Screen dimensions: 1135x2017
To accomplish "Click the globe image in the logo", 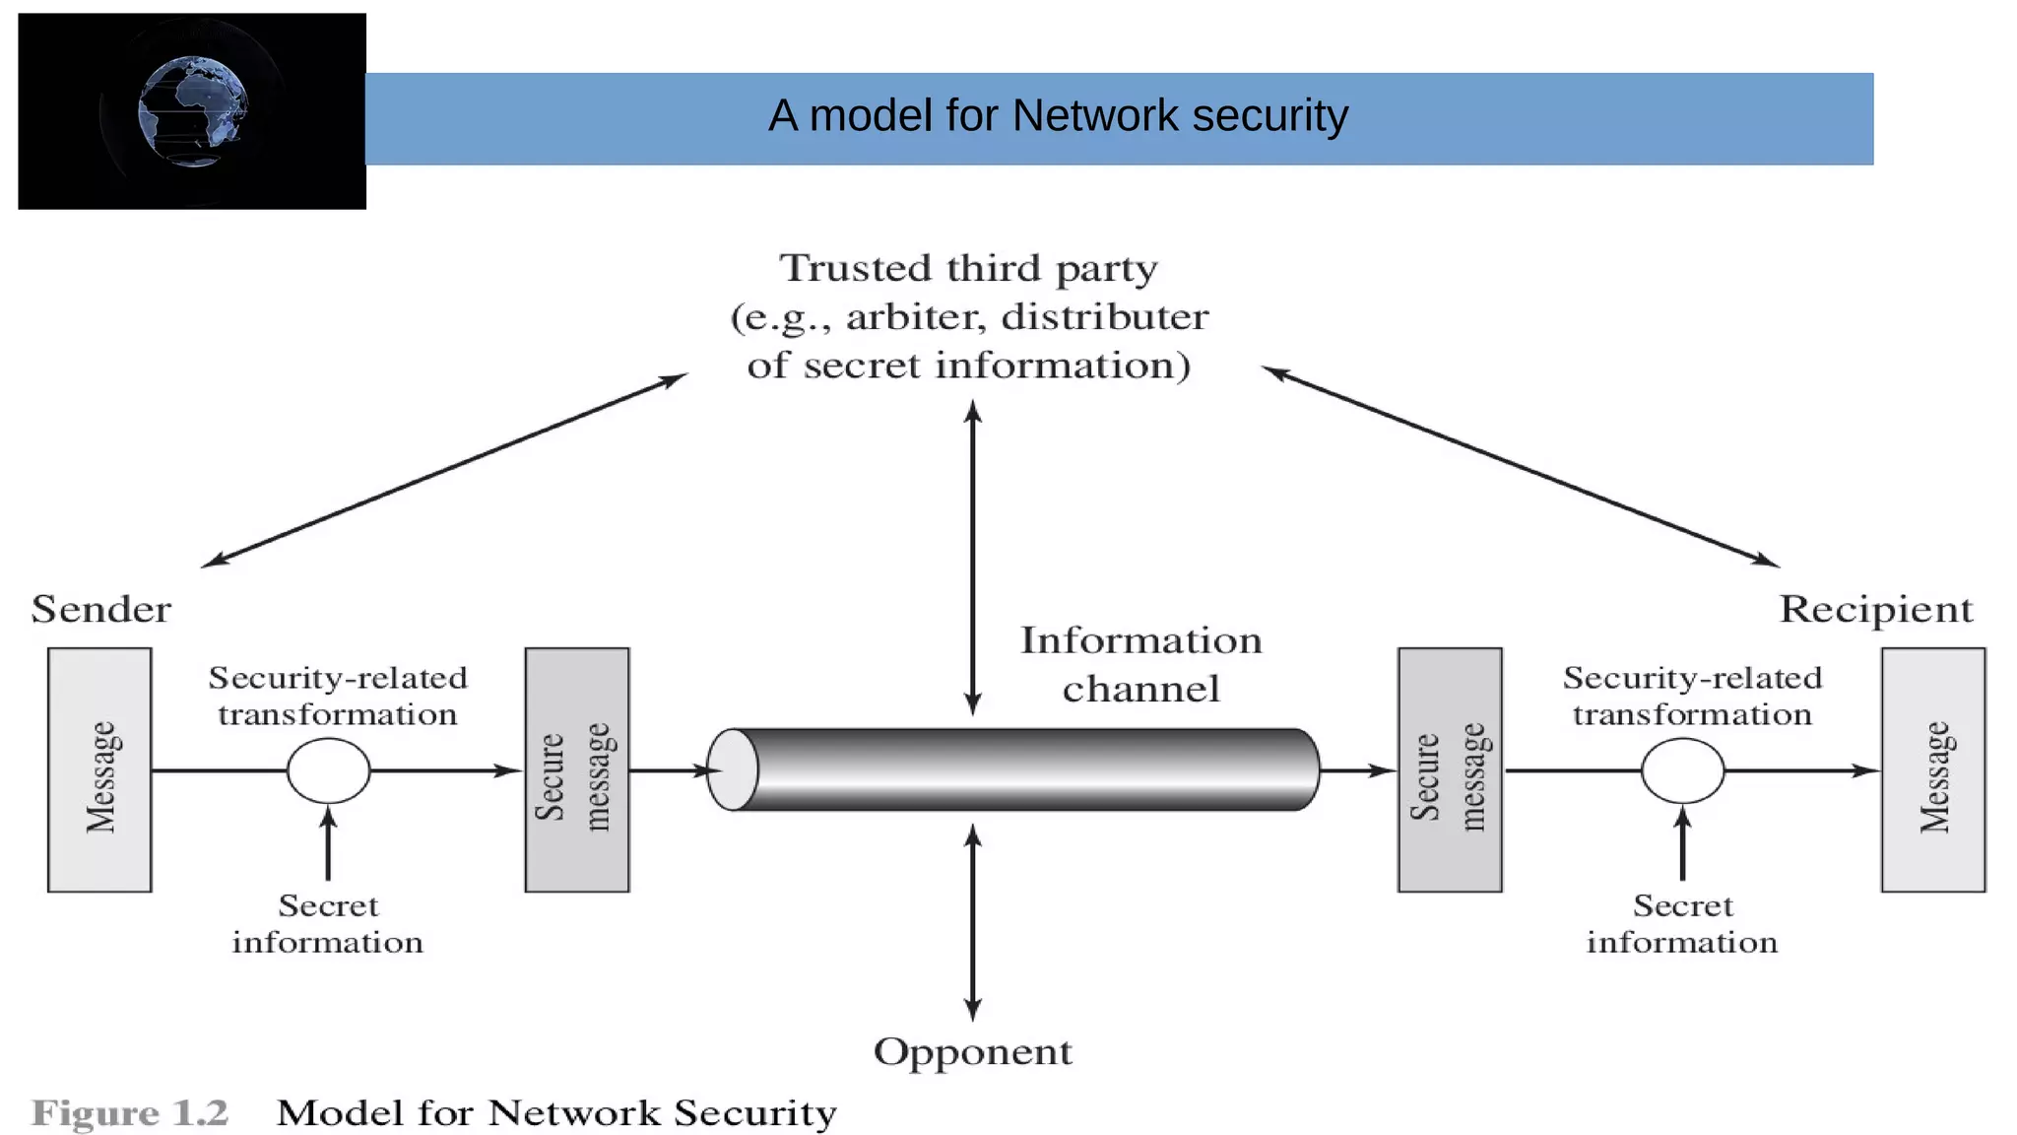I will tap(193, 111).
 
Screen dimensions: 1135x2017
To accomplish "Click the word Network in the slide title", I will tap(1094, 116).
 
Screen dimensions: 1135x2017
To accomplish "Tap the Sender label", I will tap(101, 609).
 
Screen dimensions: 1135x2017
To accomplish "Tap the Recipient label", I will tap(1875, 609).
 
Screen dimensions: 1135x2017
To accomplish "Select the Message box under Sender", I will tap(99, 770).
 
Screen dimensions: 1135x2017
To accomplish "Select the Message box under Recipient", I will tap(1932, 770).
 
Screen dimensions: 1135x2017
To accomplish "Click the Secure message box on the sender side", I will tap(576, 770).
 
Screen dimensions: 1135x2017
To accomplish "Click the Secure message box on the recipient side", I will tap(1450, 770).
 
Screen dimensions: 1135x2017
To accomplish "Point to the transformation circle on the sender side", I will tap(328, 770).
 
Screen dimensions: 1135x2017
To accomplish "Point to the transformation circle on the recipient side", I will tap(1682, 770).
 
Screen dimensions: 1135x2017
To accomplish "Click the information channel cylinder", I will tap(1024, 770).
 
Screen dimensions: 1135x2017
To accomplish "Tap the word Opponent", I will tap(972, 1052).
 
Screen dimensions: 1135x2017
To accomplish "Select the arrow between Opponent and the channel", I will tap(972, 921).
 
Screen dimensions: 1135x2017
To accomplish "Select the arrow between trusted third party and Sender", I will tap(443, 470).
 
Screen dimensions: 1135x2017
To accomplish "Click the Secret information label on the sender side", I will tap(328, 924).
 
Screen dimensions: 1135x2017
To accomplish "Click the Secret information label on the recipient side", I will tap(1682, 924).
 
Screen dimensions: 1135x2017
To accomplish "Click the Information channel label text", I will tap(1140, 664).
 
